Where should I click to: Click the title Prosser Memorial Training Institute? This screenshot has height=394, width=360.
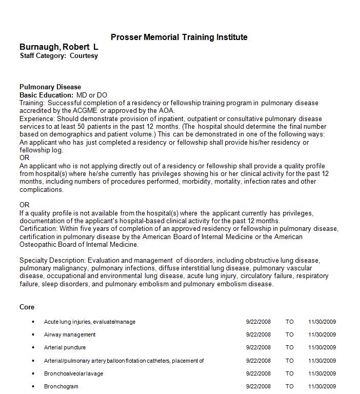click(179, 37)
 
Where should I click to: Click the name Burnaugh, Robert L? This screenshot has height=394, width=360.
click(59, 47)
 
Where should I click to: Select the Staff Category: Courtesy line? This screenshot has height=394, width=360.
click(58, 56)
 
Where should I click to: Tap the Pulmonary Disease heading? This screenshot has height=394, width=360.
click(50, 87)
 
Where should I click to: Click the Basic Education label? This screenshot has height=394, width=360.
click(46, 95)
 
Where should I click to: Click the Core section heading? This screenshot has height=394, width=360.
click(27, 307)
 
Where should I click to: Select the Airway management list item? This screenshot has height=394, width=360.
click(70, 334)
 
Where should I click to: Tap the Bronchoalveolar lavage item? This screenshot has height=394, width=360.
click(73, 373)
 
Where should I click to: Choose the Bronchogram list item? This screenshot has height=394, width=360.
click(61, 386)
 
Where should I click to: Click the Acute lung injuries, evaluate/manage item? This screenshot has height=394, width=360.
click(90, 322)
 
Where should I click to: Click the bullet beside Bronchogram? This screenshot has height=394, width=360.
click(33, 386)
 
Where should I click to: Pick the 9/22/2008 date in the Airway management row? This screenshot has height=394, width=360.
click(258, 334)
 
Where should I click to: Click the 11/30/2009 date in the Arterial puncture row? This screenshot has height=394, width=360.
click(322, 347)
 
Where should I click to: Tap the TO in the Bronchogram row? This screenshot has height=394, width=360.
click(290, 386)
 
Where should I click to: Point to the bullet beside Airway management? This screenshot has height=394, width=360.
click(33, 334)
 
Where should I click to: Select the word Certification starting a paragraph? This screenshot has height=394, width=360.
click(38, 228)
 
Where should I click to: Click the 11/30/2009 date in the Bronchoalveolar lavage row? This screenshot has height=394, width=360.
click(322, 373)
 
